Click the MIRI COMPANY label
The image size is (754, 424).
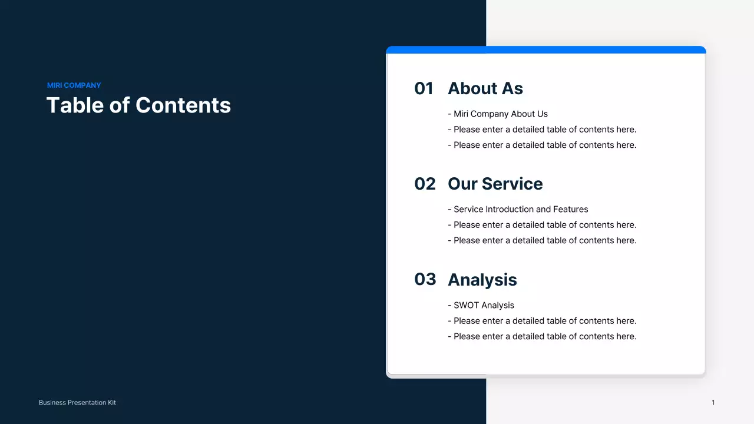tap(74, 85)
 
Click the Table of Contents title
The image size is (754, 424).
tap(138, 105)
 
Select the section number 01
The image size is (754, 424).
tap(424, 88)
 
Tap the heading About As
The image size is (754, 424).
tap(485, 88)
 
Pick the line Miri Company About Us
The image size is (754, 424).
tap(498, 114)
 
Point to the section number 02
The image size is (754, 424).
tap(425, 184)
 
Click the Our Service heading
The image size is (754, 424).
tap(495, 184)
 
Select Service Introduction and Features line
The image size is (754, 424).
tap(518, 209)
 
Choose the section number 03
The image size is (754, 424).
tap(425, 279)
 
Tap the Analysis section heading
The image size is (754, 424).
tap(482, 280)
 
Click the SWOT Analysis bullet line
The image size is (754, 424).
tap(481, 305)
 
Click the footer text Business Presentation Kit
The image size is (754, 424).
tap(77, 403)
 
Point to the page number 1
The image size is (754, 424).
tap(713, 403)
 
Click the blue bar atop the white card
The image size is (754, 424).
tap(545, 49)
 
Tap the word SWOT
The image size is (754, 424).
tap(466, 305)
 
